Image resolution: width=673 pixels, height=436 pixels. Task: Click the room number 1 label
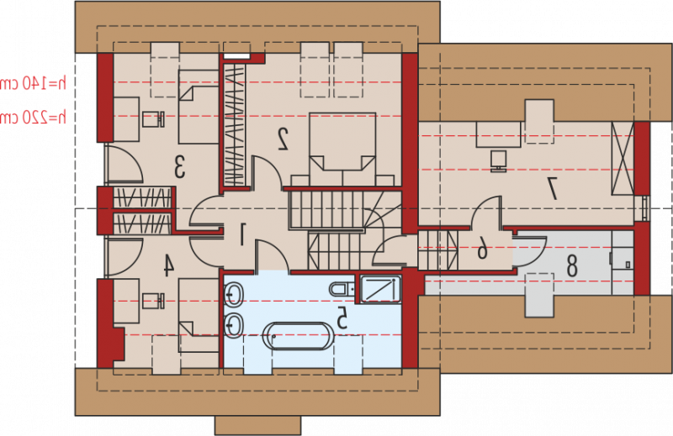(242, 234)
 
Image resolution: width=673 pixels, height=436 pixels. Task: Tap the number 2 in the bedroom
(283, 139)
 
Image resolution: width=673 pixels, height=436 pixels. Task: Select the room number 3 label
(180, 167)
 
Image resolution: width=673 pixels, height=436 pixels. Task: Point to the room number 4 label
(168, 265)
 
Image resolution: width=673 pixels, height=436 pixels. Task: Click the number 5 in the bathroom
(342, 318)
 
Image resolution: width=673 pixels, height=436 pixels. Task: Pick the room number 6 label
(482, 248)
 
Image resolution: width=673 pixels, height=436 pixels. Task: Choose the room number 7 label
(552, 189)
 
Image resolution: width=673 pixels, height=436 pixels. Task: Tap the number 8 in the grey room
(571, 265)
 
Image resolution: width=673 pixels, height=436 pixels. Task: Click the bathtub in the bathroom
(299, 336)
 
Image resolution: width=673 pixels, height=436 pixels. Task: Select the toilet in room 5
(342, 289)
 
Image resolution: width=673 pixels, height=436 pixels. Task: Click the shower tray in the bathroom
(380, 289)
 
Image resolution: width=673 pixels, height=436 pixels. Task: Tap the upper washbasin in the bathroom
(234, 295)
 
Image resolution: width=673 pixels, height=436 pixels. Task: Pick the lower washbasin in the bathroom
(234, 326)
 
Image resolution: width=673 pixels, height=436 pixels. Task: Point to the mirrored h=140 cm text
(33, 83)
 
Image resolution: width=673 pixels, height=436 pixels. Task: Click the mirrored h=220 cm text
(33, 117)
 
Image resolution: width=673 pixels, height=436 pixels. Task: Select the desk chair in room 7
(498, 161)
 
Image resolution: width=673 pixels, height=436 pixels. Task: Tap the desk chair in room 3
(153, 119)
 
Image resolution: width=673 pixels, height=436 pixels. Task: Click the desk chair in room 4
(153, 301)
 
